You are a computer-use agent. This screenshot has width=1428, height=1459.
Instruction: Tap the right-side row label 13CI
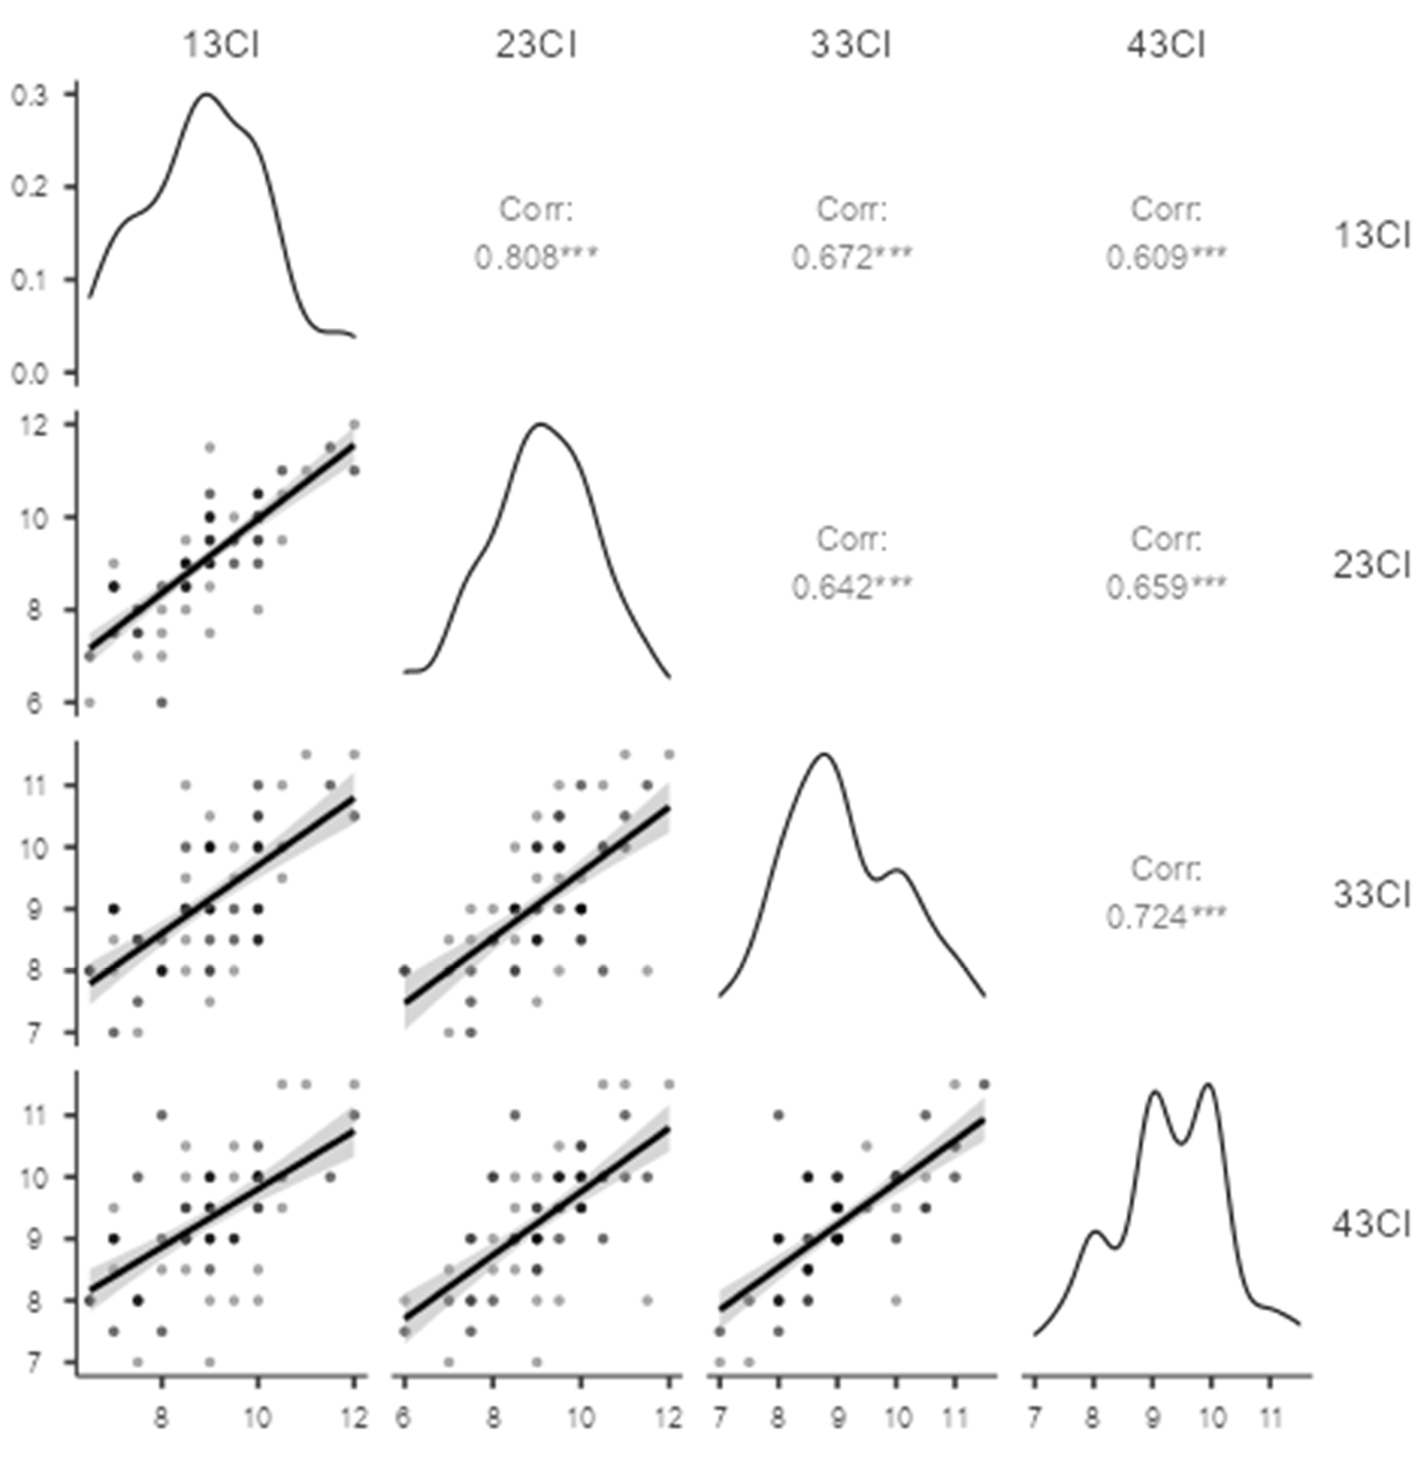pyautogui.click(x=1371, y=236)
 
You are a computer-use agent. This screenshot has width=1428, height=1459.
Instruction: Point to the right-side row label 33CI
pyautogui.click(x=1371, y=895)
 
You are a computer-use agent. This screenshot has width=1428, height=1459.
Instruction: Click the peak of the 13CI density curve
pyautogui.click(x=206, y=94)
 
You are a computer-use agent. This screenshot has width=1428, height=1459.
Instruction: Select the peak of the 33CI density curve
pyautogui.click(x=824, y=754)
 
